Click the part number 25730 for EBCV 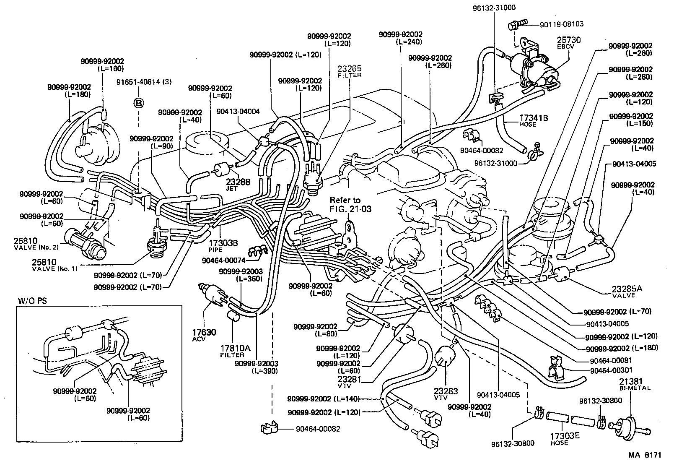568,40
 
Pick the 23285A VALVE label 626,291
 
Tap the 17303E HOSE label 565,439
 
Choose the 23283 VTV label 446,393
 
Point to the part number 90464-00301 612,370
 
